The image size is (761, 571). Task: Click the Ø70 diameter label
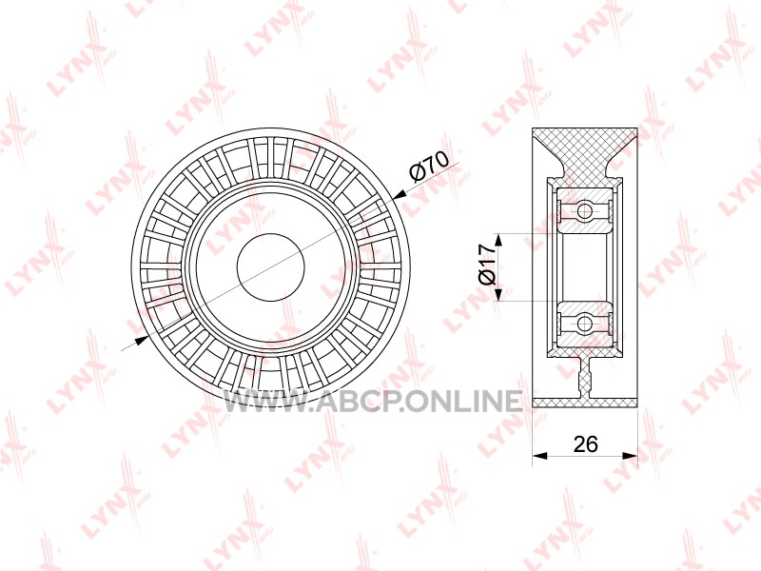coord(429,165)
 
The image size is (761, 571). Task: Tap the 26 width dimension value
coord(585,443)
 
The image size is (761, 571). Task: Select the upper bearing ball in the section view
coord(584,211)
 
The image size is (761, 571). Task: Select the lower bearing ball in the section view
coord(584,324)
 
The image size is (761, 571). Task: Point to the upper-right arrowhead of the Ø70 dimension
coord(400,195)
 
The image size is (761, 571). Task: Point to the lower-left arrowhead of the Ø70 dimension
coord(140,340)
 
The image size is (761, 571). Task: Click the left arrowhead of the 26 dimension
coord(539,456)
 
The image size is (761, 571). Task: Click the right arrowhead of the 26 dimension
coord(630,456)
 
